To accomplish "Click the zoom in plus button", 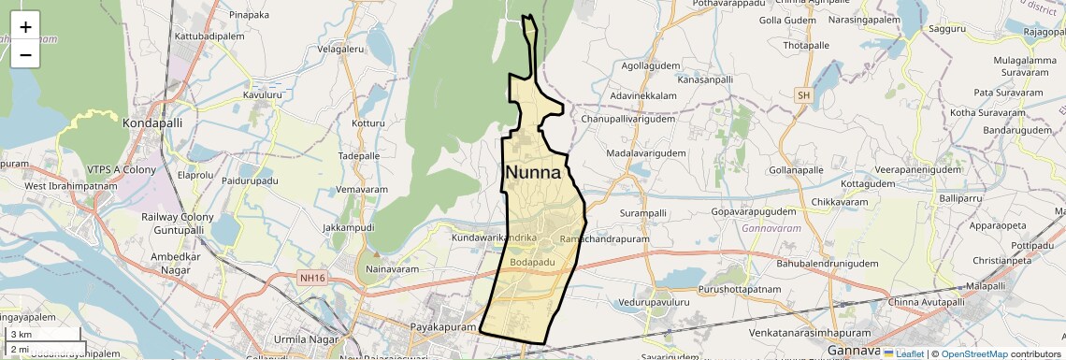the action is (25, 26).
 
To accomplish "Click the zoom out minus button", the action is (25, 54).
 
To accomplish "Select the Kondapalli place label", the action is (152, 122).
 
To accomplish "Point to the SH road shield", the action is (803, 95).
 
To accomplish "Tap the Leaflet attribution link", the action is (903, 353).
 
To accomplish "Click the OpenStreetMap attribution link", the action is (974, 353).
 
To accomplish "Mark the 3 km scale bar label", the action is (21, 335).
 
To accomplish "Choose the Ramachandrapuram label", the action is (591, 240).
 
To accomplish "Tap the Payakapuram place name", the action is (444, 327).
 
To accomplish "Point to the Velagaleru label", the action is (340, 49).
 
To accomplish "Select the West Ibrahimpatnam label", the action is (71, 186).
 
